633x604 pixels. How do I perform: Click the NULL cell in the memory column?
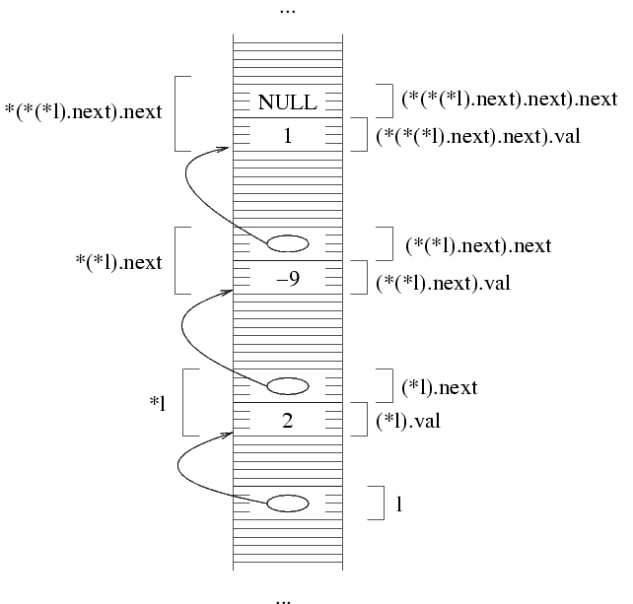(287, 101)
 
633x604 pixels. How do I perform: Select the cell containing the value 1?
(287, 136)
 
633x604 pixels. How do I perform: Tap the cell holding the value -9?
(287, 279)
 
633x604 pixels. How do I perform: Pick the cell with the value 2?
(287, 421)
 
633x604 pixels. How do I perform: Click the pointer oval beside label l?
(287, 503)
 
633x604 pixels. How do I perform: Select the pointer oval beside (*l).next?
(287, 384)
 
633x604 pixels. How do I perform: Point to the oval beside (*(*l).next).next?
(287, 242)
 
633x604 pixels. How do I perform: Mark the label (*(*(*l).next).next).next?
(510, 100)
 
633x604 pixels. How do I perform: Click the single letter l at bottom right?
(398, 504)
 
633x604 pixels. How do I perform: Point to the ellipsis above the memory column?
(287, 11)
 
